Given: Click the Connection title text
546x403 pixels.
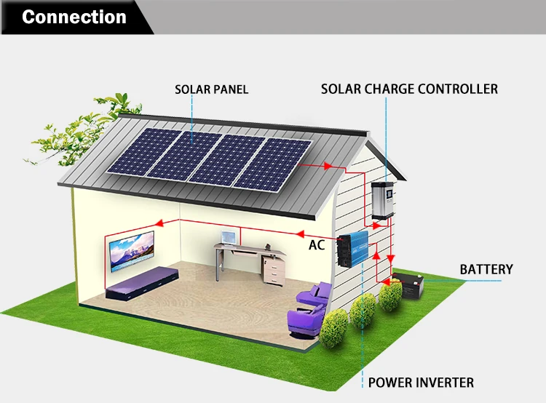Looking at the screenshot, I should coord(74,17).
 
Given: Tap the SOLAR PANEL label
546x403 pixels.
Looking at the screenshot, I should coord(211,89).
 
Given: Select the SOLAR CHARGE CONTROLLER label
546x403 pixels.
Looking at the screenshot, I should coord(409,89).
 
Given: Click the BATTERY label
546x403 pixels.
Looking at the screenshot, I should coord(486,269).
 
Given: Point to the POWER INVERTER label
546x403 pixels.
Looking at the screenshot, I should coord(421,383).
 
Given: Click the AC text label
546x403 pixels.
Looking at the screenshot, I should coord(317,245).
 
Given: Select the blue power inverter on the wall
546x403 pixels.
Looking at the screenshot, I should coord(353,250).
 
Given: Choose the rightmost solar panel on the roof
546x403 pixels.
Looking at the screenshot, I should coord(275,164).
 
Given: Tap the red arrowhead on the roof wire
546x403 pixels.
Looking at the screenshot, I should coord(328,166).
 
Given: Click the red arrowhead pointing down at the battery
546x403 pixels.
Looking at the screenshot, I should coord(391,260).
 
